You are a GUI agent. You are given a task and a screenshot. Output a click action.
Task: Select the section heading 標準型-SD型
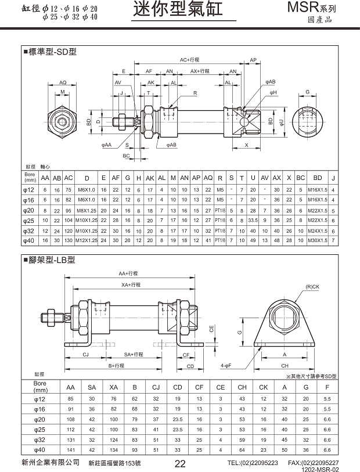(52, 52)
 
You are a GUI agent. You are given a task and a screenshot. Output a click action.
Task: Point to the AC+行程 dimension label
(190, 60)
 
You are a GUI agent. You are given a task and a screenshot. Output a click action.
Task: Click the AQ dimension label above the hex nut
(63, 83)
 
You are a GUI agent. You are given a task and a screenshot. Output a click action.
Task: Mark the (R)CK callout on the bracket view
(312, 287)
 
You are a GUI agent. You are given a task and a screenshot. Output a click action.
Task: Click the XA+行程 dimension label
(131, 285)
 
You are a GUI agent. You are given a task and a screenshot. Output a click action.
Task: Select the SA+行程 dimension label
(135, 354)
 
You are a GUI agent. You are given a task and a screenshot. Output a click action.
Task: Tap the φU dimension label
(281, 122)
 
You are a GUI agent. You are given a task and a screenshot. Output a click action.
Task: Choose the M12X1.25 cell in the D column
(87, 240)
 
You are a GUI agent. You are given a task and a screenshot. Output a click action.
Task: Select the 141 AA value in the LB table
(71, 449)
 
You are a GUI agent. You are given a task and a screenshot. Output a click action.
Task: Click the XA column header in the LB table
(114, 387)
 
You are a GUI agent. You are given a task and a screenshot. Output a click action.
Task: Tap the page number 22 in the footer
(180, 463)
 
